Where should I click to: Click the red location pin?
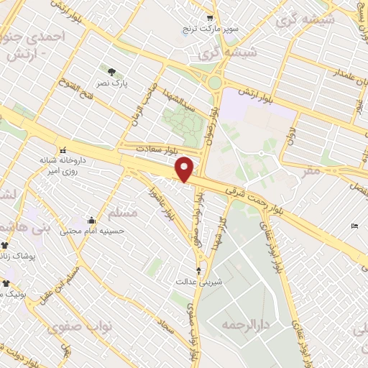click(185, 169)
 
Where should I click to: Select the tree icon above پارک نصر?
click(111, 71)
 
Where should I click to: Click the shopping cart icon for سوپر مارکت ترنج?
click(210, 18)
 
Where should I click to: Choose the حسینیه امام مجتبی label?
click(91, 231)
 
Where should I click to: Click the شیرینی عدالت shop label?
click(199, 281)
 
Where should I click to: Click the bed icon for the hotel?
click(354, 226)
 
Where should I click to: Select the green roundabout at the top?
click(214, 83)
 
